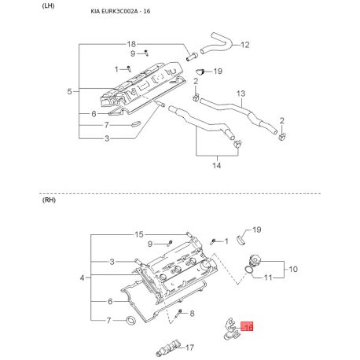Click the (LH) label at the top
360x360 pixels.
(48, 6)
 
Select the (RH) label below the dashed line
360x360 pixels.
(49, 200)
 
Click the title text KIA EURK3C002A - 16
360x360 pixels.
(120, 11)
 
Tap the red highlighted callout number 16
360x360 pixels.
(247, 326)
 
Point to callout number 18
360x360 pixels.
(131, 44)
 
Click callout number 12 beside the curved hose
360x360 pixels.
(245, 45)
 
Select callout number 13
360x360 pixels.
(241, 94)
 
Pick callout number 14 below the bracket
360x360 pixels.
(217, 165)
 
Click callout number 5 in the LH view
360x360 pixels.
(69, 91)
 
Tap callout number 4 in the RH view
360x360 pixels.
(83, 277)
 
